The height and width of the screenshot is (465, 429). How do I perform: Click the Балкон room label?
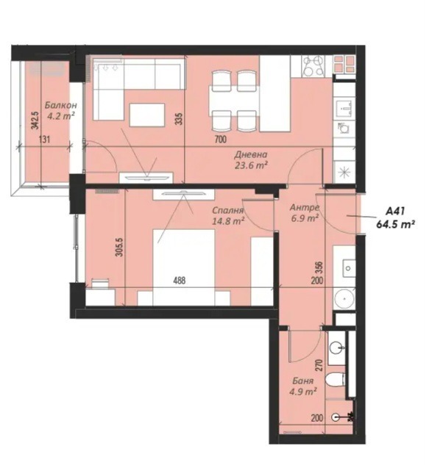click(x=61, y=105)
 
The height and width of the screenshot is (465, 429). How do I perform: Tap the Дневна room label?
click(x=251, y=154)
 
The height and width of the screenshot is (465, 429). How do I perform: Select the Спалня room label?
click(x=228, y=211)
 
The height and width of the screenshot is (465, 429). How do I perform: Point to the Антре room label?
click(x=305, y=207)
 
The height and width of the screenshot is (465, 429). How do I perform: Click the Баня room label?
click(x=302, y=381)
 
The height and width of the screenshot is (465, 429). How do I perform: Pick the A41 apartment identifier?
click(x=395, y=212)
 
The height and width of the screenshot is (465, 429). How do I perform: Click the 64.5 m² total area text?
click(x=395, y=225)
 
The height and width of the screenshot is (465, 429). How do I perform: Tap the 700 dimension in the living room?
click(x=221, y=140)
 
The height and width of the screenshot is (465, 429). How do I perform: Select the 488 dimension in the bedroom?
click(x=180, y=280)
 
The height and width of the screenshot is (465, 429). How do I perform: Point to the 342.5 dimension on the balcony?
click(x=35, y=120)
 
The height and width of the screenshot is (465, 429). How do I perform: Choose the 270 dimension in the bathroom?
click(x=319, y=365)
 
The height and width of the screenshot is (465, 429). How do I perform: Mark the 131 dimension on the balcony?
click(x=44, y=140)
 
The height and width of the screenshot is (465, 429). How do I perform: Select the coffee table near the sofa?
click(x=147, y=115)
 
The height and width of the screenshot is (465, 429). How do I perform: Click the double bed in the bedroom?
click(x=184, y=267)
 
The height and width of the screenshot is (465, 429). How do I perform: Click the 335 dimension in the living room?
click(x=178, y=118)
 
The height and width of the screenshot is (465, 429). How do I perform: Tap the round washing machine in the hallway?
click(x=344, y=299)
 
